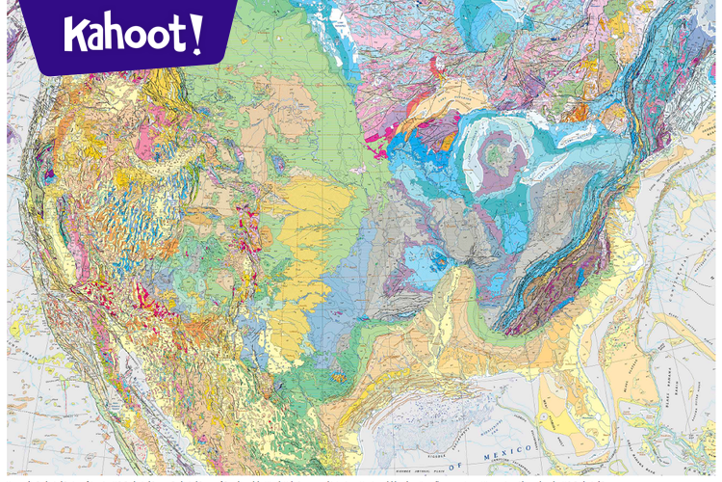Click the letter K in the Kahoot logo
click(x=77, y=33)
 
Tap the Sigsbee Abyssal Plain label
click(x=452, y=472)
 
